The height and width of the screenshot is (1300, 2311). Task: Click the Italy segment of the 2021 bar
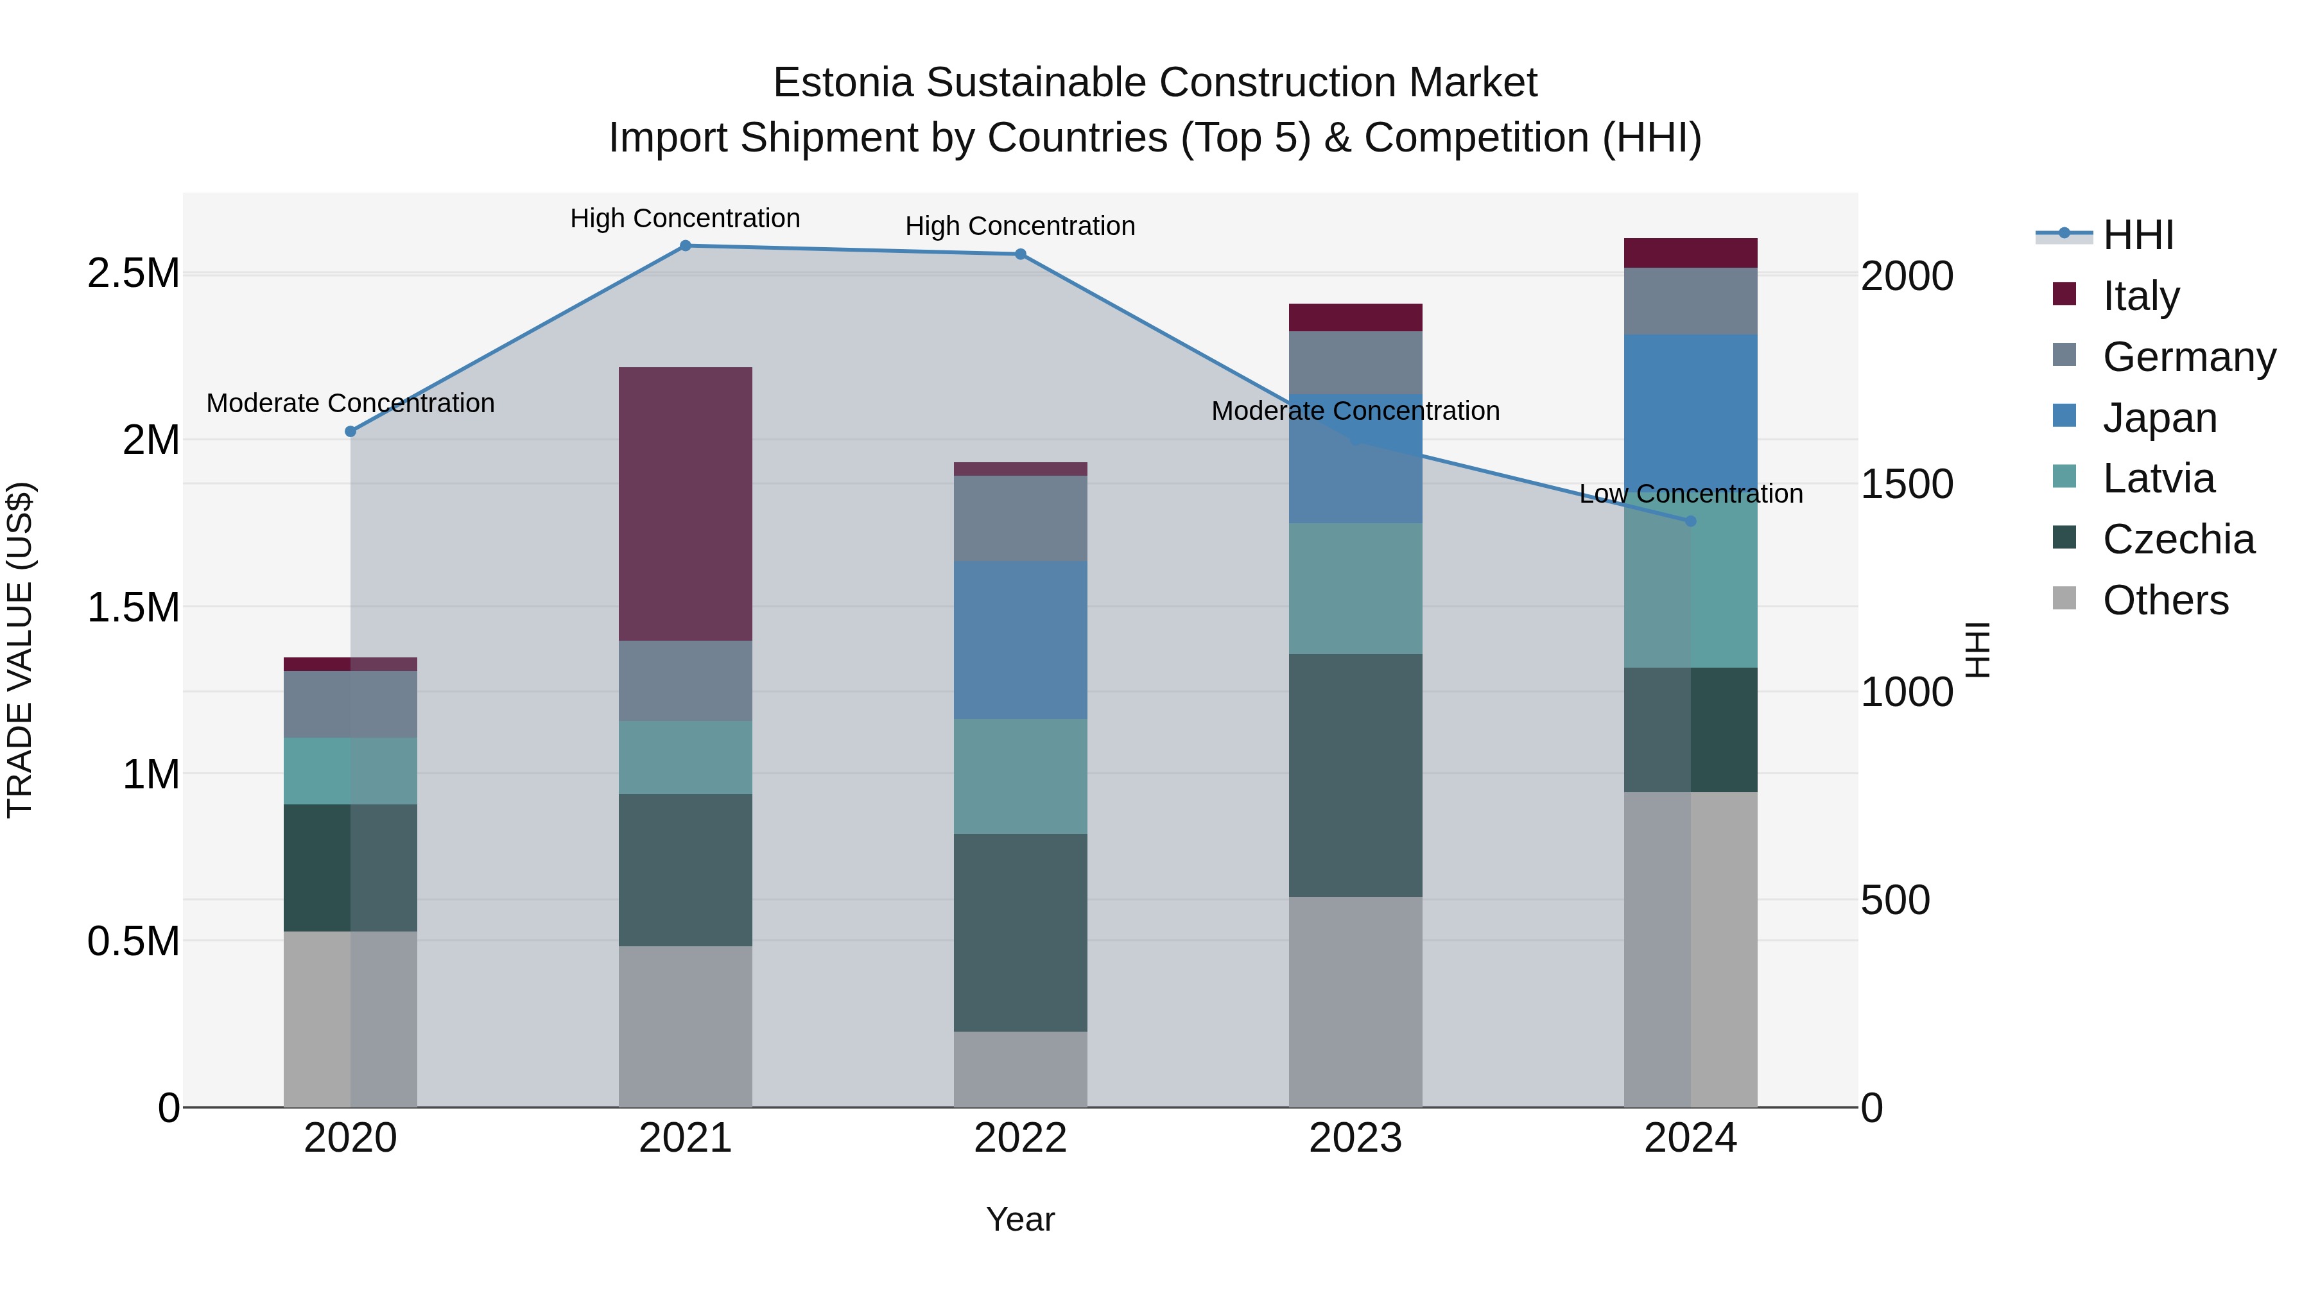[686, 503]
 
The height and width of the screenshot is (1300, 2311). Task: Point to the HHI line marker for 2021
[686, 246]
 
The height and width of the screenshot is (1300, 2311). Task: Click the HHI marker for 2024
[1690, 521]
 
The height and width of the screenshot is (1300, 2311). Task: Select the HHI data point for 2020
[351, 431]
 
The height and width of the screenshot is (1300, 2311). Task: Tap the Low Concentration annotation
[1690, 494]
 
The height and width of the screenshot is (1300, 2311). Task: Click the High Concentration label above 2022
[1020, 226]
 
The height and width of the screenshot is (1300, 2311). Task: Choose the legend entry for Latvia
[2158, 478]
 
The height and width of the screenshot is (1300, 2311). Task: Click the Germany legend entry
[2188, 357]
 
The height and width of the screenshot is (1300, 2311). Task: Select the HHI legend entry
[2137, 235]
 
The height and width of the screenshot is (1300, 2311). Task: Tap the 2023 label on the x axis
[1355, 1138]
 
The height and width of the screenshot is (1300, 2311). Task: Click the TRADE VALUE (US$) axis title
[20, 650]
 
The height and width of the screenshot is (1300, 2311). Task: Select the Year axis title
[1020, 1219]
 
